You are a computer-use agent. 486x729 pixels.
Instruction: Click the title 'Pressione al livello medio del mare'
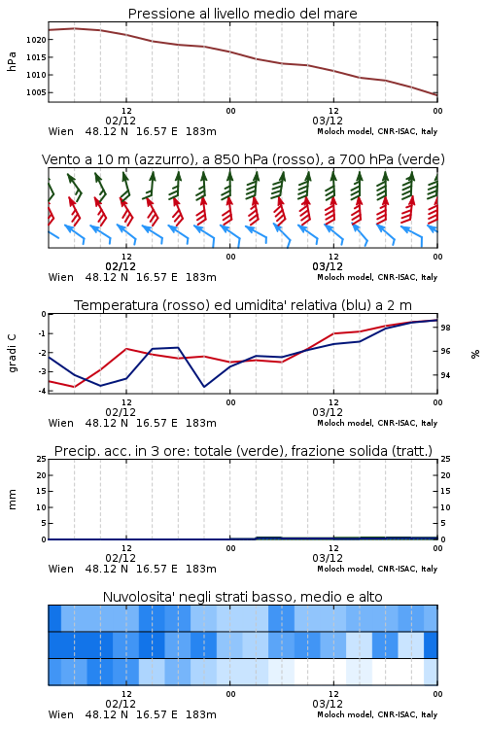[x=242, y=14]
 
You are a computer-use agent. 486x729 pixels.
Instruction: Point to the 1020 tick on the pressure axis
[x=36, y=40]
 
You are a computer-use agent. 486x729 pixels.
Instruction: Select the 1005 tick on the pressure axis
[x=36, y=92]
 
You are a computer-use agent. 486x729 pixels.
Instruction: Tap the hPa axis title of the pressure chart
[x=12, y=62]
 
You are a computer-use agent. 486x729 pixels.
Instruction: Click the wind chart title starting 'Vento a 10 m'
[x=243, y=159]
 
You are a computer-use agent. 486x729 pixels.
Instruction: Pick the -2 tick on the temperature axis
[x=42, y=353]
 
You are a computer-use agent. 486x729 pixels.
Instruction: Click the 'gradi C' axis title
[x=12, y=353]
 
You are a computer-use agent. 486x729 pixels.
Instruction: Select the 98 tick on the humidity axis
[x=445, y=328]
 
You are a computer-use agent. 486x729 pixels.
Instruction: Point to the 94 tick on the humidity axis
[x=445, y=375]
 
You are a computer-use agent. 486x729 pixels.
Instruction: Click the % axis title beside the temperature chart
[x=475, y=354]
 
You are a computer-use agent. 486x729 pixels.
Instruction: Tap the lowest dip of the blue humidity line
[x=204, y=386]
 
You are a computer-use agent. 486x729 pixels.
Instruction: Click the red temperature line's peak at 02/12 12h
[x=126, y=349]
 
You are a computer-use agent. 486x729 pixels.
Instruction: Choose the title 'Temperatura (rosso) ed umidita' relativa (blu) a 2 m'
[x=243, y=305]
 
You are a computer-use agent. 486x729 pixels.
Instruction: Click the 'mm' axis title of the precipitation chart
[x=12, y=500]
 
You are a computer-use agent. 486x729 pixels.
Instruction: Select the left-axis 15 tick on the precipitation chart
[x=42, y=492]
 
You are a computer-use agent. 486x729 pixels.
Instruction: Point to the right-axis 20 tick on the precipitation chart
[x=445, y=475]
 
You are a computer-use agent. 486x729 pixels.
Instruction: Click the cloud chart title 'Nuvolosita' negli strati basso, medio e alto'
[x=242, y=597]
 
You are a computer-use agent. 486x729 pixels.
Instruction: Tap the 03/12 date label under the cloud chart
[x=328, y=704]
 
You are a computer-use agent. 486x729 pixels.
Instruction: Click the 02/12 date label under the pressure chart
[x=121, y=121]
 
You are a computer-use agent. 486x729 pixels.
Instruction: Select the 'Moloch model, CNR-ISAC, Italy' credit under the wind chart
[x=377, y=278]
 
